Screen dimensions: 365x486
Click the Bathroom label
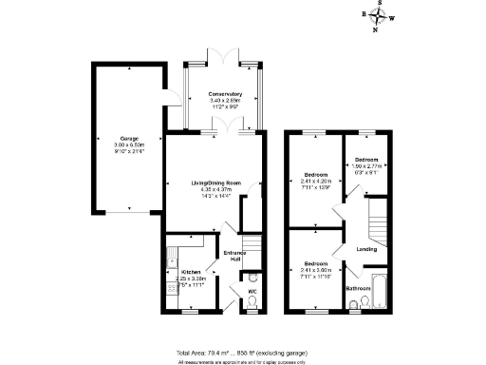pos(358,287)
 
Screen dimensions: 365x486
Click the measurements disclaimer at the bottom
pos(243,361)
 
